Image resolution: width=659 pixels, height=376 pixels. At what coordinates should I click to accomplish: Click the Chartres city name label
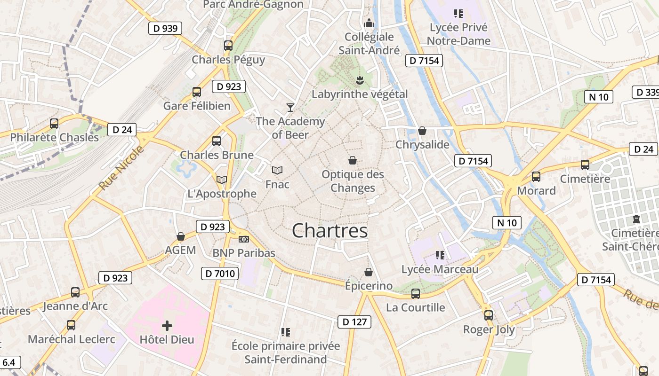click(x=329, y=231)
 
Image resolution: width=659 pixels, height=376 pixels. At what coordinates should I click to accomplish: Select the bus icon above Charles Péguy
click(x=228, y=46)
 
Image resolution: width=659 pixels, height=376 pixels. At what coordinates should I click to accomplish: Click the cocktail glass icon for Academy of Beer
click(x=290, y=108)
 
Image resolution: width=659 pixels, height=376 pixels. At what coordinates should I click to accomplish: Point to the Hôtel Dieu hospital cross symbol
click(x=167, y=325)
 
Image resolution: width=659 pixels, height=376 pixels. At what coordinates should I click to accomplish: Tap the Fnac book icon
click(x=277, y=170)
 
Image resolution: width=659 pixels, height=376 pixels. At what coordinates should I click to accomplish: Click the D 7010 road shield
click(x=220, y=274)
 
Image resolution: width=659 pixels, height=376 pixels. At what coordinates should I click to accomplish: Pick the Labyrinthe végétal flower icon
click(x=360, y=80)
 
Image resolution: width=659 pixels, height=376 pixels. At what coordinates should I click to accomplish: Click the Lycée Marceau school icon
click(x=440, y=255)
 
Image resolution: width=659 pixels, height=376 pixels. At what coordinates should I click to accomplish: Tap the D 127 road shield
click(x=354, y=322)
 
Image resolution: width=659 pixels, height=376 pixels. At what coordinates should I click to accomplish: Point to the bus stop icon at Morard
click(x=536, y=177)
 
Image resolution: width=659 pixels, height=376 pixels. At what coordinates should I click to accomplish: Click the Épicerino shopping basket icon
click(x=369, y=272)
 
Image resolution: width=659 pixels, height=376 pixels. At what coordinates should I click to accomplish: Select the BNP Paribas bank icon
click(x=243, y=239)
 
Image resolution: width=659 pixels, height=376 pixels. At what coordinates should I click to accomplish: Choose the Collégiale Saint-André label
click(x=369, y=43)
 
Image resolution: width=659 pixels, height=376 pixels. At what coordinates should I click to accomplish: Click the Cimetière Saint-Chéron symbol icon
click(x=636, y=219)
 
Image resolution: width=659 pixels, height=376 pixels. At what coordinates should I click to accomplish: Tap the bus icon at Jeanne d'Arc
click(x=75, y=292)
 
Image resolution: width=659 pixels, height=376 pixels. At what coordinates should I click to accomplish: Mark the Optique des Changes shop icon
click(x=353, y=161)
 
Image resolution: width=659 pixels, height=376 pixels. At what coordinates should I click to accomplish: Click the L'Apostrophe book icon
click(x=221, y=180)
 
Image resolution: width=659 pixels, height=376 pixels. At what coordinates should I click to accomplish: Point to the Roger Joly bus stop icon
click(x=489, y=315)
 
